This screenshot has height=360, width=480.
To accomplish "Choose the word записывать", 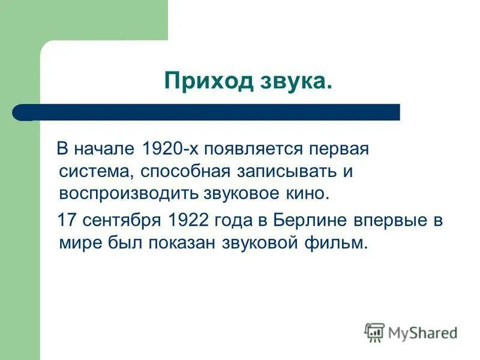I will (281, 171).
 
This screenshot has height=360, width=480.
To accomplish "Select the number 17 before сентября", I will (68, 220).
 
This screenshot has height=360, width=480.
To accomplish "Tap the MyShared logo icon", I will (374, 332).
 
